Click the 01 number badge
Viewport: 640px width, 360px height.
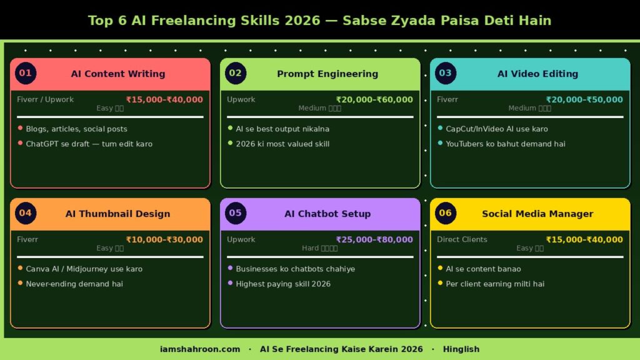click(25, 73)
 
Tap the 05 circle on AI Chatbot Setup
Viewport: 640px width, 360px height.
click(235, 213)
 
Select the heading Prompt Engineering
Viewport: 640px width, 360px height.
click(327, 74)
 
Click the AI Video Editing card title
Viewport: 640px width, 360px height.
click(537, 74)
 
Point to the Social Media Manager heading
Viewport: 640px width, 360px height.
click(537, 214)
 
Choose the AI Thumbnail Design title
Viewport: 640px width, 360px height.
click(117, 214)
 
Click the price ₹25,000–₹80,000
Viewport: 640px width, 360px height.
click(374, 239)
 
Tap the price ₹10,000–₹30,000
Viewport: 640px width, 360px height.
click(164, 239)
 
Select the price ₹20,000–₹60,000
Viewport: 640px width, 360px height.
click(374, 99)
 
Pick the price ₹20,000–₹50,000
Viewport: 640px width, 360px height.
click(584, 99)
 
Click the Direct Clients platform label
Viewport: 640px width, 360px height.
click(462, 239)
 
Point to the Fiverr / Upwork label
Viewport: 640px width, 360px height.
click(46, 99)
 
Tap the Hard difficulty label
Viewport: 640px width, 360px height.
click(319, 248)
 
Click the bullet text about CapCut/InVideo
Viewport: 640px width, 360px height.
click(497, 129)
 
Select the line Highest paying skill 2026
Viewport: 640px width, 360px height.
click(283, 284)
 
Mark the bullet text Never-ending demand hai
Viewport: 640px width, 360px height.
click(74, 284)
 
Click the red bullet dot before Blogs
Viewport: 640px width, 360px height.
click(20, 128)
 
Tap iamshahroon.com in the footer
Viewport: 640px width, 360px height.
click(200, 349)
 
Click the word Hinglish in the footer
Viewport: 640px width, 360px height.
click(461, 349)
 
